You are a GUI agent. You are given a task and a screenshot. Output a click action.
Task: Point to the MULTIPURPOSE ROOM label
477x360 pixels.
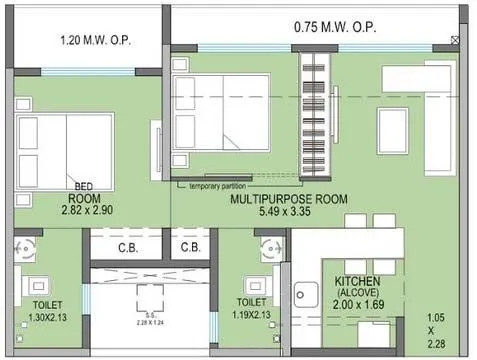288,199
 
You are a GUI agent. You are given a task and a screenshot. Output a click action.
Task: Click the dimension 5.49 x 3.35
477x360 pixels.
288,212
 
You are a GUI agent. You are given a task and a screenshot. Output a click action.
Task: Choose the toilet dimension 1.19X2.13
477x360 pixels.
252,314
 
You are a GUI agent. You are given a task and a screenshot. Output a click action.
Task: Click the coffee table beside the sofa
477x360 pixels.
392,130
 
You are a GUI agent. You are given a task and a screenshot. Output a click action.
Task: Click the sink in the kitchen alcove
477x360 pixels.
306,293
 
